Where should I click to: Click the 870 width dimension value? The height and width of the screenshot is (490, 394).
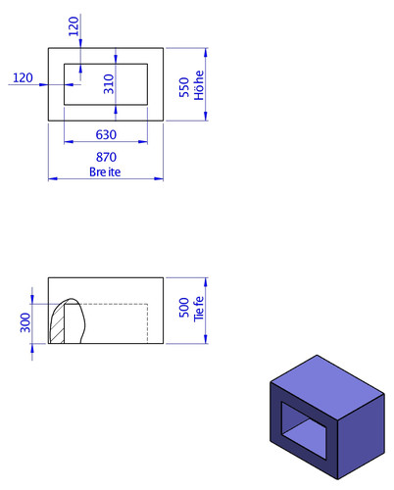pyautogui.click(x=106, y=157)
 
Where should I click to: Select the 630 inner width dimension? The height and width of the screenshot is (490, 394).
pyautogui.click(x=106, y=134)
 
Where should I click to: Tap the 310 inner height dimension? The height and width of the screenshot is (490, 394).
pyautogui.click(x=109, y=84)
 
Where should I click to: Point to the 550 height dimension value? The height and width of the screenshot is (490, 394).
pyautogui.click(x=184, y=87)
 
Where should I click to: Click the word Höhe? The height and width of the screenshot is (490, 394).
pyautogui.click(x=199, y=85)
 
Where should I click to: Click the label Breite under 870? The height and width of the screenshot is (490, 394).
pyautogui.click(x=105, y=171)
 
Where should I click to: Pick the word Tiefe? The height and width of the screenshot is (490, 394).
pyautogui.click(x=199, y=309)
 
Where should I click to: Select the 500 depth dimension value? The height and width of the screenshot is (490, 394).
pyautogui.click(x=184, y=308)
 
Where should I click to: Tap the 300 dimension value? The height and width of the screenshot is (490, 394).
pyautogui.click(x=25, y=322)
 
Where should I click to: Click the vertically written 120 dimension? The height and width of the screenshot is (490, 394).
pyautogui.click(x=74, y=26)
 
